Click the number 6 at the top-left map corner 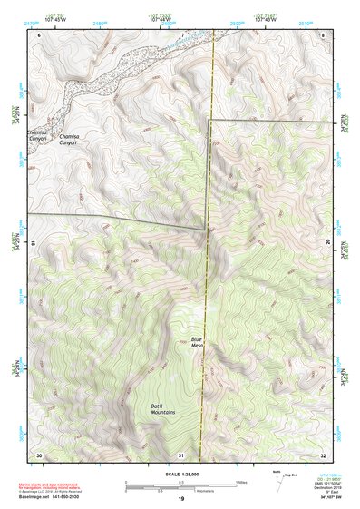pyautogui.click(x=39, y=34)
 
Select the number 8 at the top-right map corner pyautogui.click(x=323, y=34)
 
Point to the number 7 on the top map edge pyautogui.click(x=181, y=34)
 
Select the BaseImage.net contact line pyautogui.click(x=59, y=496)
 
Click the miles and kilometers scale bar pyautogui.click(x=181, y=484)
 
